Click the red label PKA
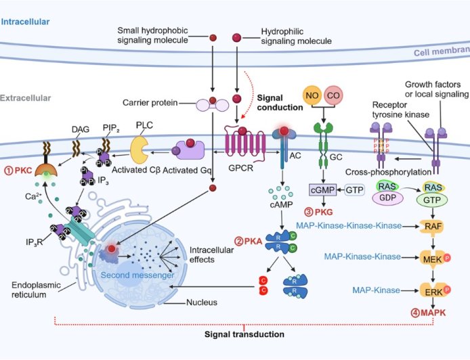pyautogui.click(x=252, y=240)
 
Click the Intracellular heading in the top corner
pyautogui.click(x=25, y=22)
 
